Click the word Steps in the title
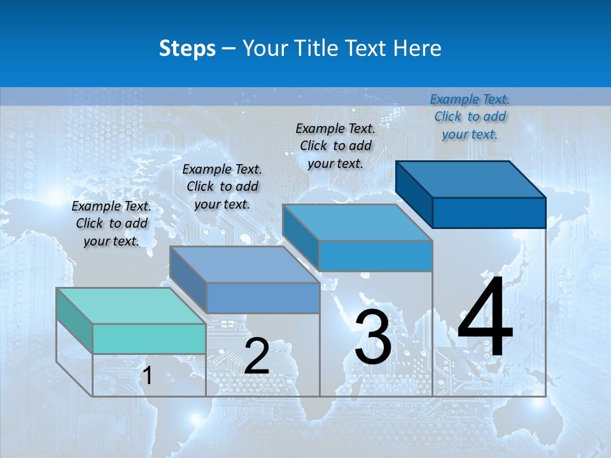click(x=187, y=48)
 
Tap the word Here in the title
click(x=416, y=48)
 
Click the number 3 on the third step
click(x=373, y=337)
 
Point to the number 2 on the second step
click(x=256, y=356)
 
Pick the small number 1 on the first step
click(x=148, y=376)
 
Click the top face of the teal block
click(x=130, y=306)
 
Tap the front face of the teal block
click(x=149, y=338)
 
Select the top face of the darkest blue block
click(x=471, y=179)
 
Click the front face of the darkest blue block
click(x=489, y=212)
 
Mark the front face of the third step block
click(x=376, y=256)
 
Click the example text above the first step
click(x=111, y=224)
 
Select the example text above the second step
click(x=222, y=187)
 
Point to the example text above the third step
click(x=335, y=146)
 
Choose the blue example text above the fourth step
click(x=470, y=116)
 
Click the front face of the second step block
click(x=263, y=298)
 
